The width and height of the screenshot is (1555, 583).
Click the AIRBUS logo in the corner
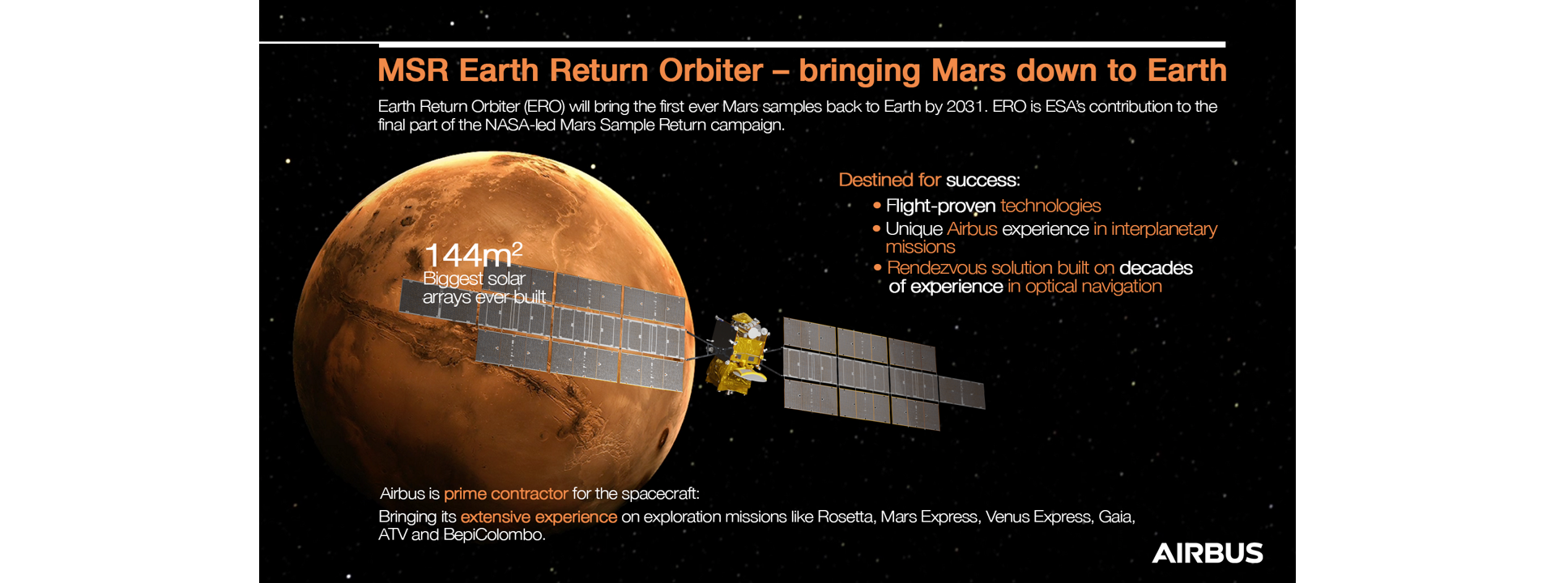[1208, 553]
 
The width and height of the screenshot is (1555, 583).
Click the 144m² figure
[473, 255]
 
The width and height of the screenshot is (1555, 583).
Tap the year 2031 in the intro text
[966, 106]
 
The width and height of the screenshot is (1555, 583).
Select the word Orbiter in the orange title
[711, 70]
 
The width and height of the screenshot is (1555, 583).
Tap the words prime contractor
[505, 494]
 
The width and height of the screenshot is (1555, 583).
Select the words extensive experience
[539, 517]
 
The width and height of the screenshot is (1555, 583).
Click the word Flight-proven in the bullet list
[940, 206]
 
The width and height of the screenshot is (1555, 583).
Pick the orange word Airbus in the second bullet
[972, 229]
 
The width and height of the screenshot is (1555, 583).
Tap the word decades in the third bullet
[1156, 268]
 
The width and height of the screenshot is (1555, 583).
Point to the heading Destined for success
[929, 180]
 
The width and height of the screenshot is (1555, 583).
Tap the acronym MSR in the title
[413, 70]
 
